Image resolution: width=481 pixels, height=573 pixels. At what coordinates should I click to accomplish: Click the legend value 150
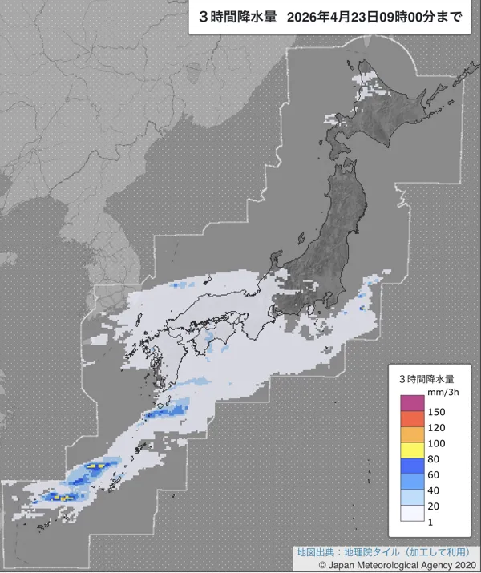click(437, 411)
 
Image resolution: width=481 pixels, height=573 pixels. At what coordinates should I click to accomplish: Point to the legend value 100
click(437, 443)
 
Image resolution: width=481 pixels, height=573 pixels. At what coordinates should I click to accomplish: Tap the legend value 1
click(430, 523)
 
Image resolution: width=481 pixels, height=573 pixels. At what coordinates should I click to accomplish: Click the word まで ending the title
click(451, 16)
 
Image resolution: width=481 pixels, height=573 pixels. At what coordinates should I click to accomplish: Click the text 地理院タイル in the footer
click(358, 552)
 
